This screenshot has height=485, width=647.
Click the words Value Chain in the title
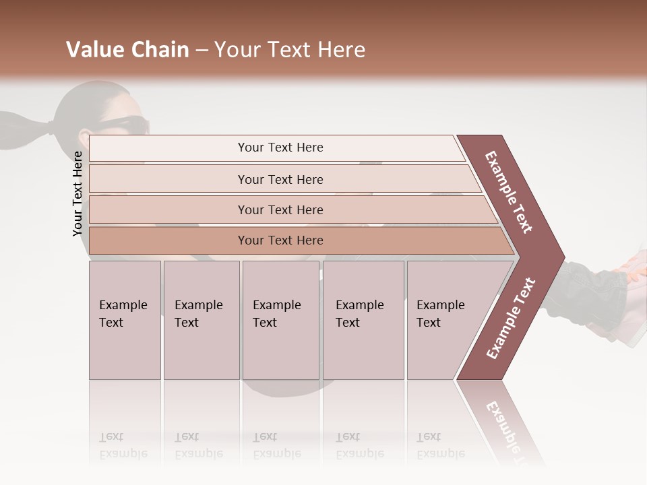tap(127, 50)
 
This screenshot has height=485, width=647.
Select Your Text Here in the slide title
tap(290, 50)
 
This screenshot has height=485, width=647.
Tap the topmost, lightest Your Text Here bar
tap(280, 148)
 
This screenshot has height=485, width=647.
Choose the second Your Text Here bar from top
tap(280, 179)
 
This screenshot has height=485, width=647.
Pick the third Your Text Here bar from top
tap(280, 209)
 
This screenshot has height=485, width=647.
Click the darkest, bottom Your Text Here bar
tap(280, 240)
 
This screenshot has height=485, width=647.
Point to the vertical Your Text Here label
tap(78, 193)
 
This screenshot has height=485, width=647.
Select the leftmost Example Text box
tap(125, 320)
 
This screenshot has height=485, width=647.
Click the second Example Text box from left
tap(202, 320)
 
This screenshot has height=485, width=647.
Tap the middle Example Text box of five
tap(280, 320)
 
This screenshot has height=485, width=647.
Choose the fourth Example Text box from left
tap(363, 320)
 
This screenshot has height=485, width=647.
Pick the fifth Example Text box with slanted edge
tap(445, 320)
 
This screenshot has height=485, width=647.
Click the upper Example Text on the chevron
tap(509, 193)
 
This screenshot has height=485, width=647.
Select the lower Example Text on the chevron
tap(510, 319)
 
